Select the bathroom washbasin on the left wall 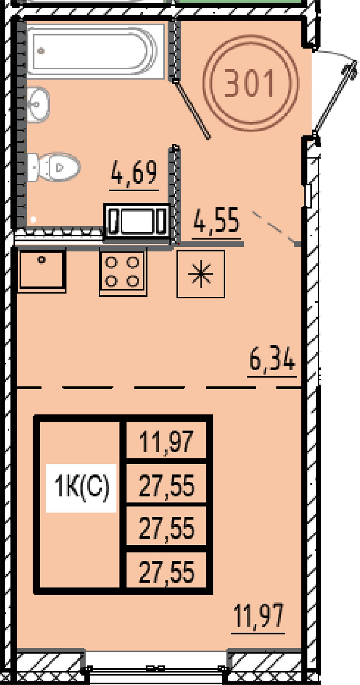(x=38, y=104)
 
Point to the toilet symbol (x=54, y=167)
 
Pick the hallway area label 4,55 (x=216, y=220)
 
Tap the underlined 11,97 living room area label (x=258, y=616)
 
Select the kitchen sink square (x=42, y=270)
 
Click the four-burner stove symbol (x=123, y=272)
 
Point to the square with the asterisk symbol (x=201, y=274)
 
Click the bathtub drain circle (x=41, y=51)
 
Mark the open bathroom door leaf (x=192, y=109)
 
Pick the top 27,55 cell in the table (x=166, y=485)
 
